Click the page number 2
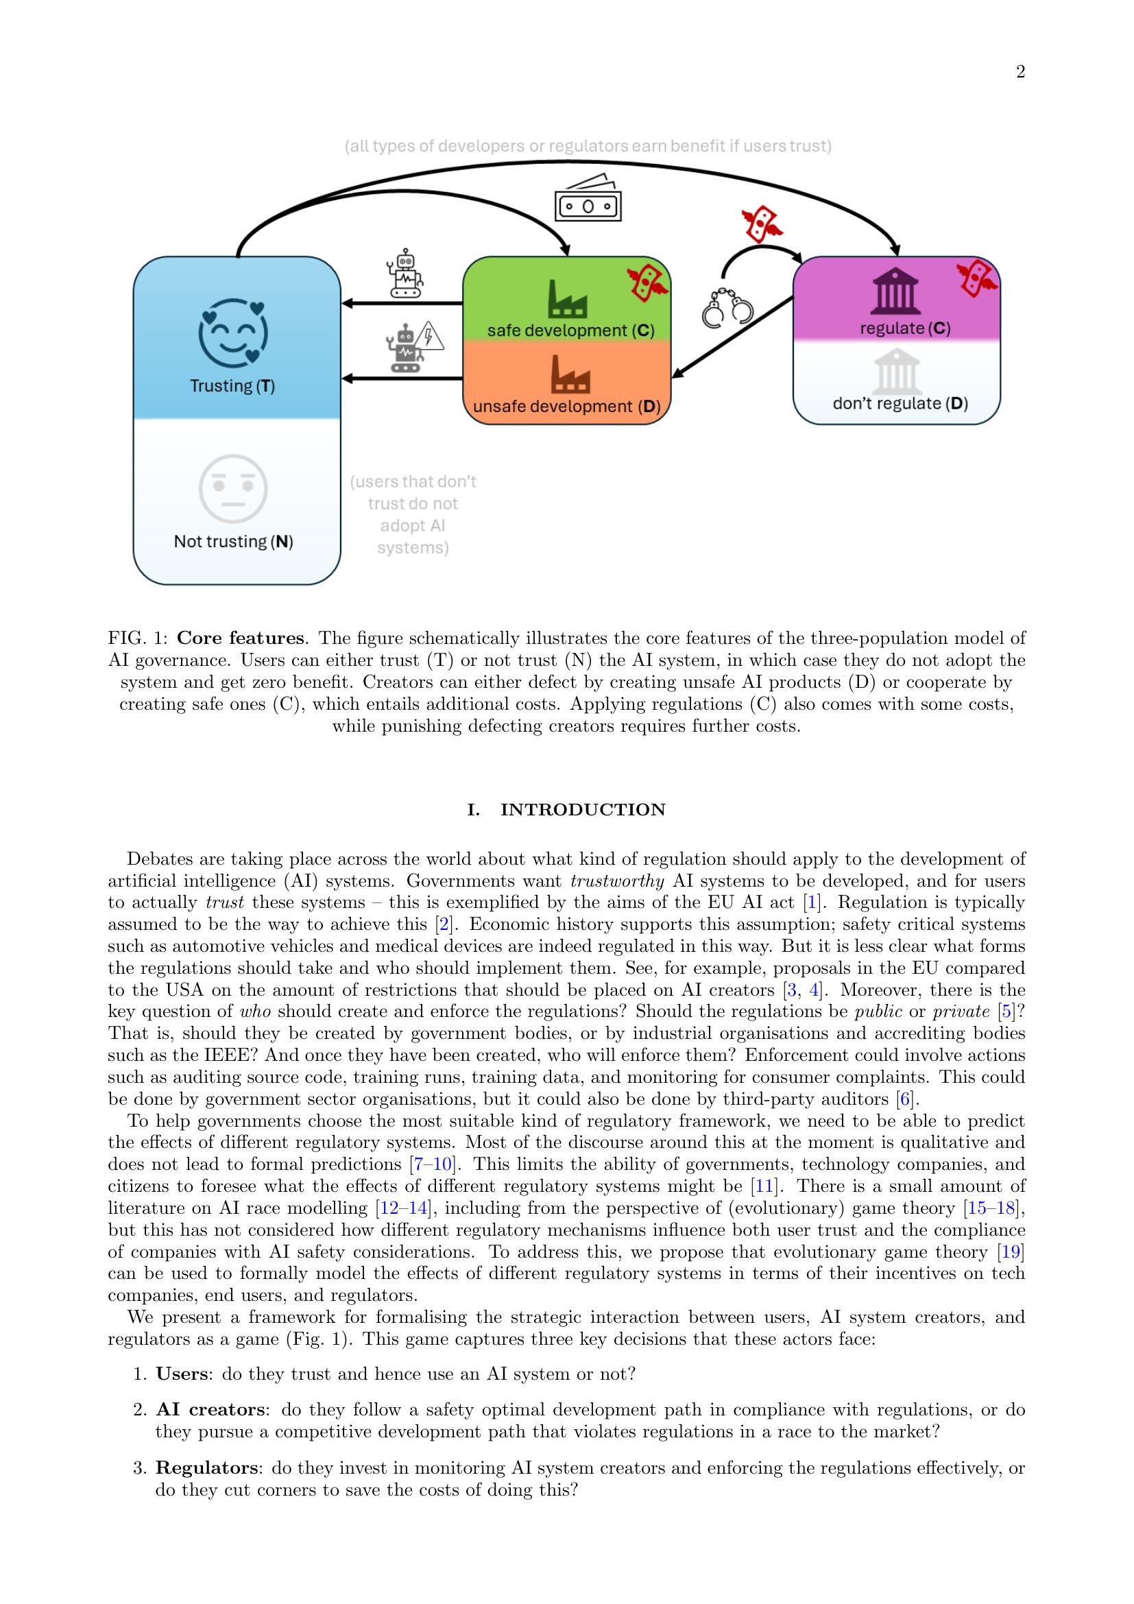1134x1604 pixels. pos(1020,72)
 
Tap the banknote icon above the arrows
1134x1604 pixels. pos(588,198)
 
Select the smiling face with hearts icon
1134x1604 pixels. pos(233,333)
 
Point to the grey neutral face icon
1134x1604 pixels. pos(233,488)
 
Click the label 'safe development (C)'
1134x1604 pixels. pos(570,331)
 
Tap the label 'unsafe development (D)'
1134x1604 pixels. pos(566,406)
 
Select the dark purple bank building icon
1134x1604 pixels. pos(895,294)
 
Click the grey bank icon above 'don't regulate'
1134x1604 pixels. pos(897,370)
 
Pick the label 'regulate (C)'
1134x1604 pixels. pos(905,328)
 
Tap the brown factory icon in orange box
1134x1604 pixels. pos(570,374)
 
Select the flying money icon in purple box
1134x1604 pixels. pos(976,278)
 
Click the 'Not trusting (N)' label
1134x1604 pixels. pos(233,542)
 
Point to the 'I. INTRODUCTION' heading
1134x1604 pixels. pos(566,810)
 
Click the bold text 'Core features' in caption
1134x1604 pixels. pos(239,638)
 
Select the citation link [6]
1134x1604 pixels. pos(905,1099)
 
